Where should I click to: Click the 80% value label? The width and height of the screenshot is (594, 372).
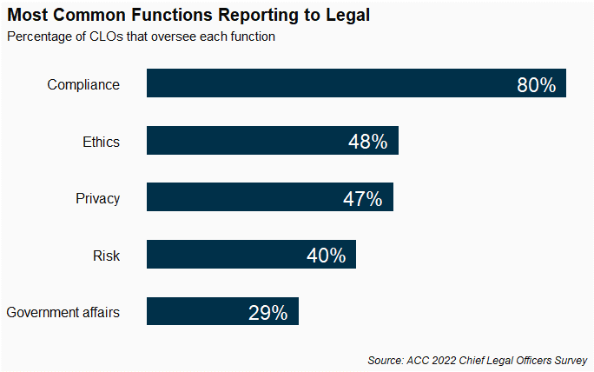tap(536, 85)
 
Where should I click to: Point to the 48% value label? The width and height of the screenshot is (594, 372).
tap(367, 142)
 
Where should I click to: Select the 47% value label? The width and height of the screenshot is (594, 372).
tap(362, 199)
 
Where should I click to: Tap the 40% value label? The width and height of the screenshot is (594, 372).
tap(326, 256)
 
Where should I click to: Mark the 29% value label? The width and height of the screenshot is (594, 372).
tap(267, 313)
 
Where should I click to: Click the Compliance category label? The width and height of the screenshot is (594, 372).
tap(83, 84)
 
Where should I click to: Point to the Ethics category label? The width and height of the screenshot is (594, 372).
tap(101, 142)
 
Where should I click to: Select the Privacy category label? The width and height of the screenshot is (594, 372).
tap(97, 198)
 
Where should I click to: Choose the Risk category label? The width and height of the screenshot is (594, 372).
tap(106, 256)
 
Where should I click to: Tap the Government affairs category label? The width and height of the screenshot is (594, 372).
tap(63, 312)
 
